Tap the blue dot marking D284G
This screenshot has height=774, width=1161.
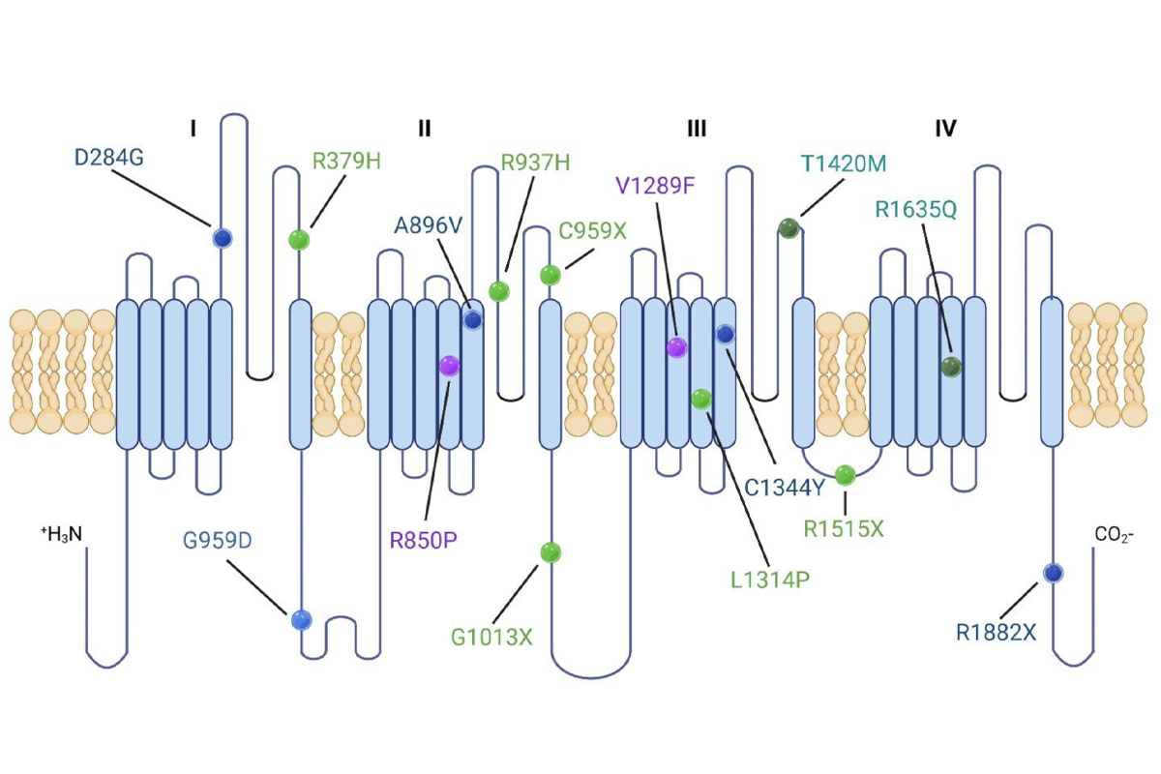(223, 237)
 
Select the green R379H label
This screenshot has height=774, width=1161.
(347, 161)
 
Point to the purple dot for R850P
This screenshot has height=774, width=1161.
(449, 366)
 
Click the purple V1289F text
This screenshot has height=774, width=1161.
(655, 184)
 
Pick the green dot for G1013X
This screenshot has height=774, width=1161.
(551, 552)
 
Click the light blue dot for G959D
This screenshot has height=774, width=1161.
(302, 619)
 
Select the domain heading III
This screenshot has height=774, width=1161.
(696, 129)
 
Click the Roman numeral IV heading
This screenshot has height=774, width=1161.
(945, 129)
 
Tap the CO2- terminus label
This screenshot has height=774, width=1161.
(1115, 534)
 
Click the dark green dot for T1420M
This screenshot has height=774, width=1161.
(789, 228)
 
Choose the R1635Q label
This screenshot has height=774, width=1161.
(915, 209)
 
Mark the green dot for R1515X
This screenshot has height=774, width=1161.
(845, 475)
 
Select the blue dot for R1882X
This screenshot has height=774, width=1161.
(1054, 574)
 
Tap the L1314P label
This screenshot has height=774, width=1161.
(770, 580)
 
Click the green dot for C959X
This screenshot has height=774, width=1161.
(550, 276)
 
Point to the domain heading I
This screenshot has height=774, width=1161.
(193, 129)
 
